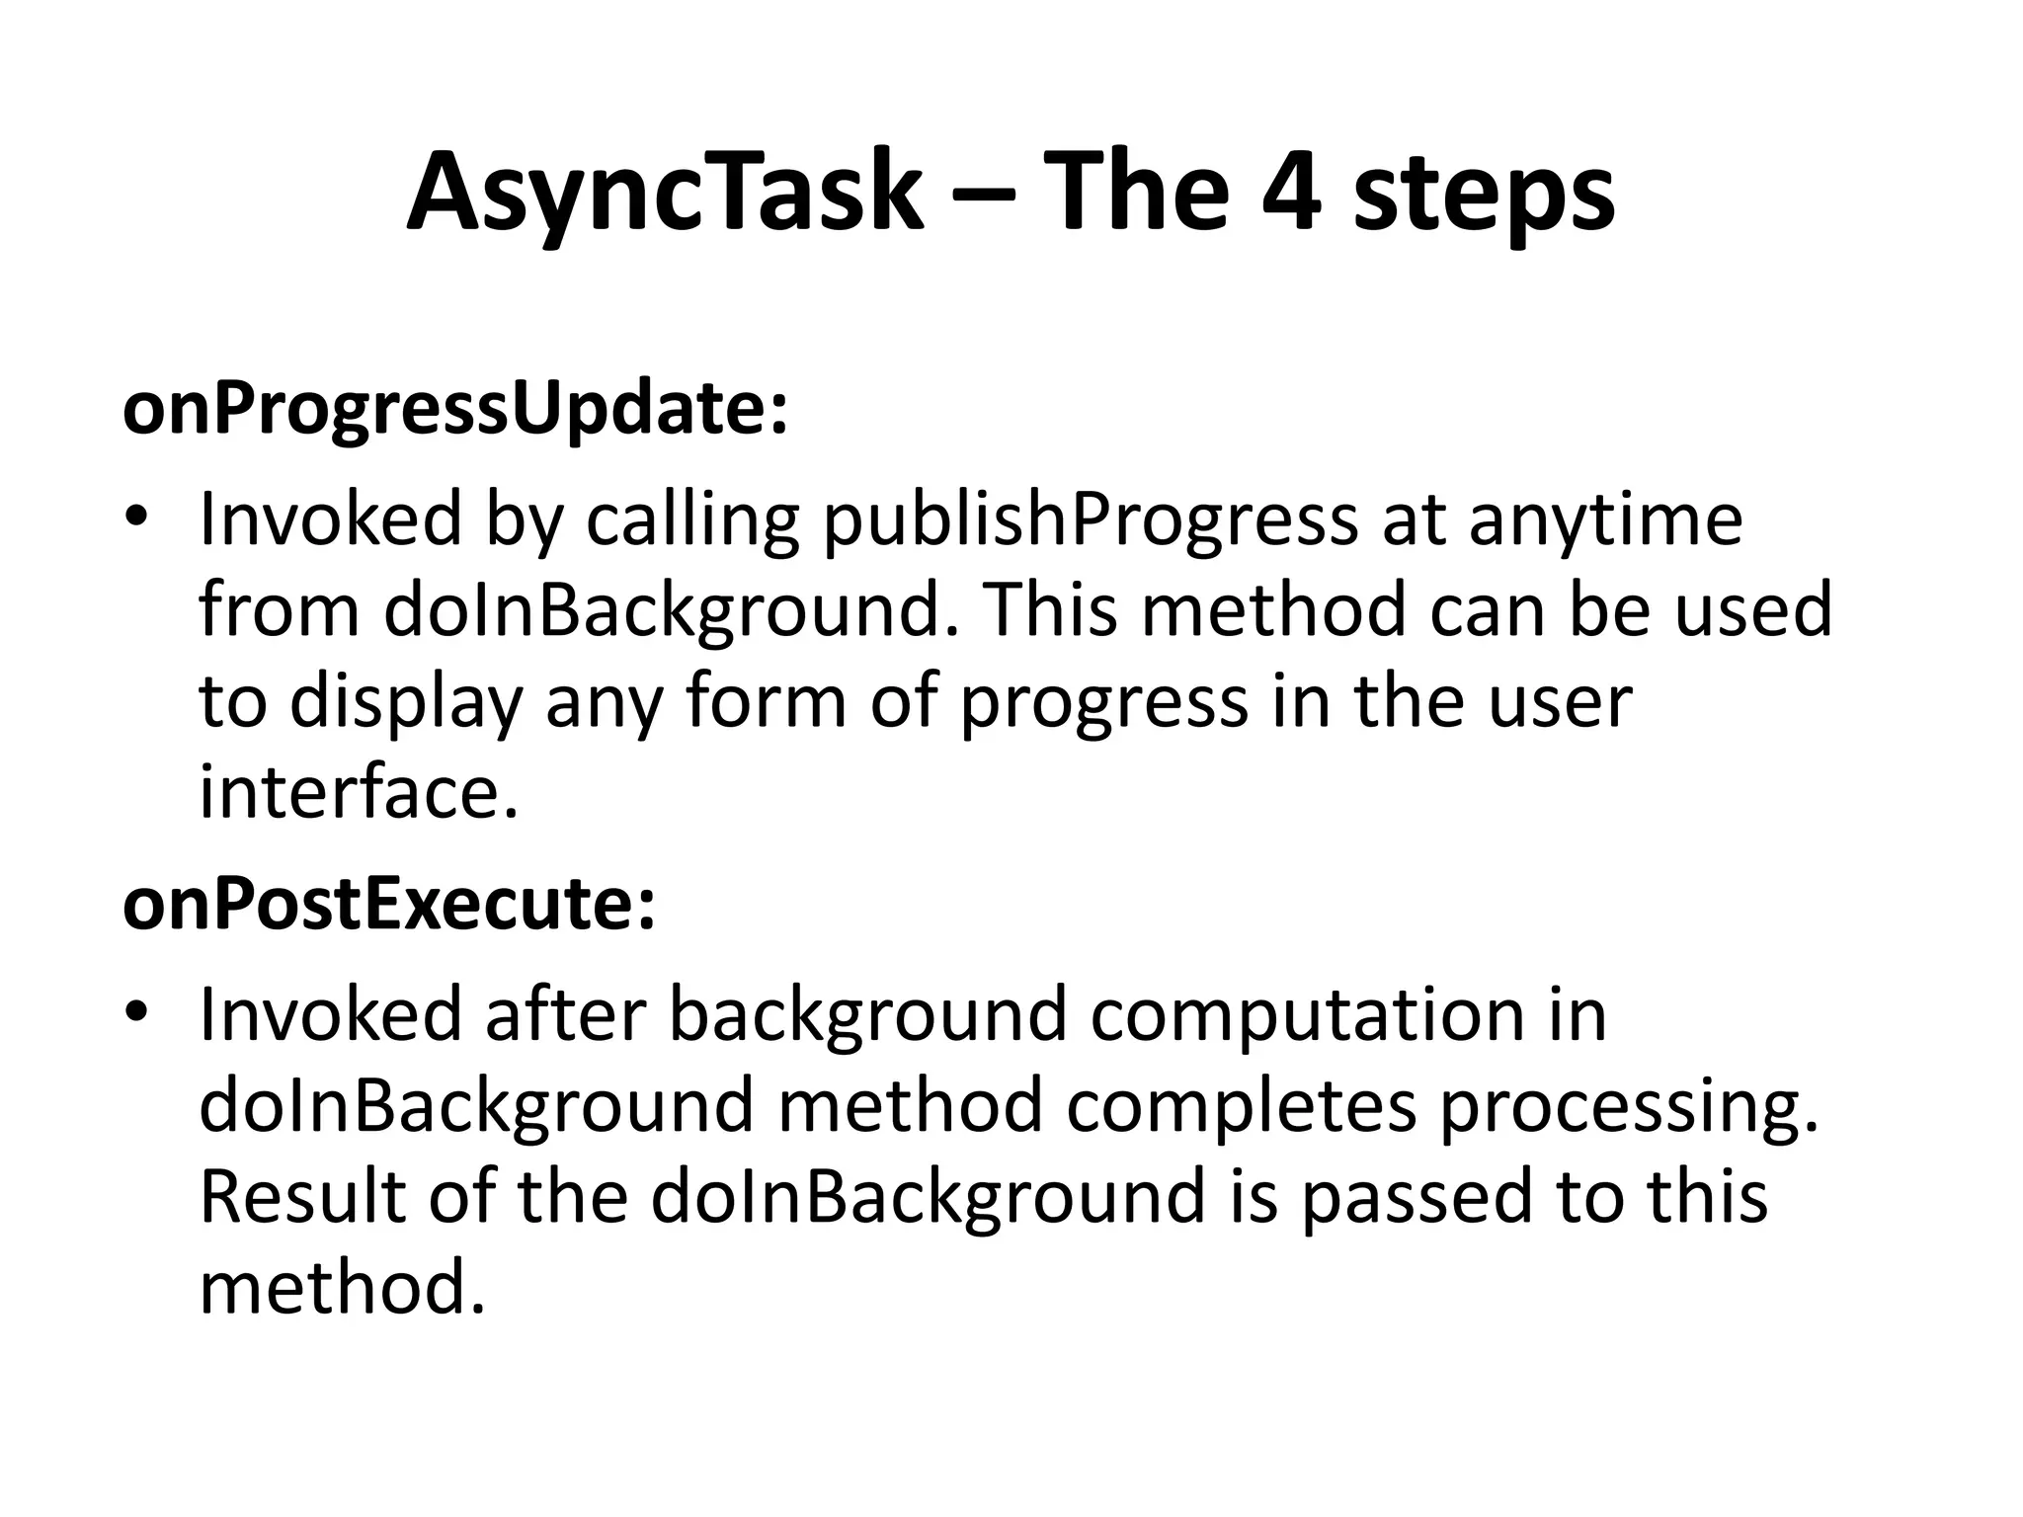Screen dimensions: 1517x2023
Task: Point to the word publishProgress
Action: coord(1090,520)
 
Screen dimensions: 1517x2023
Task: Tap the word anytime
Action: coord(1605,520)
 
